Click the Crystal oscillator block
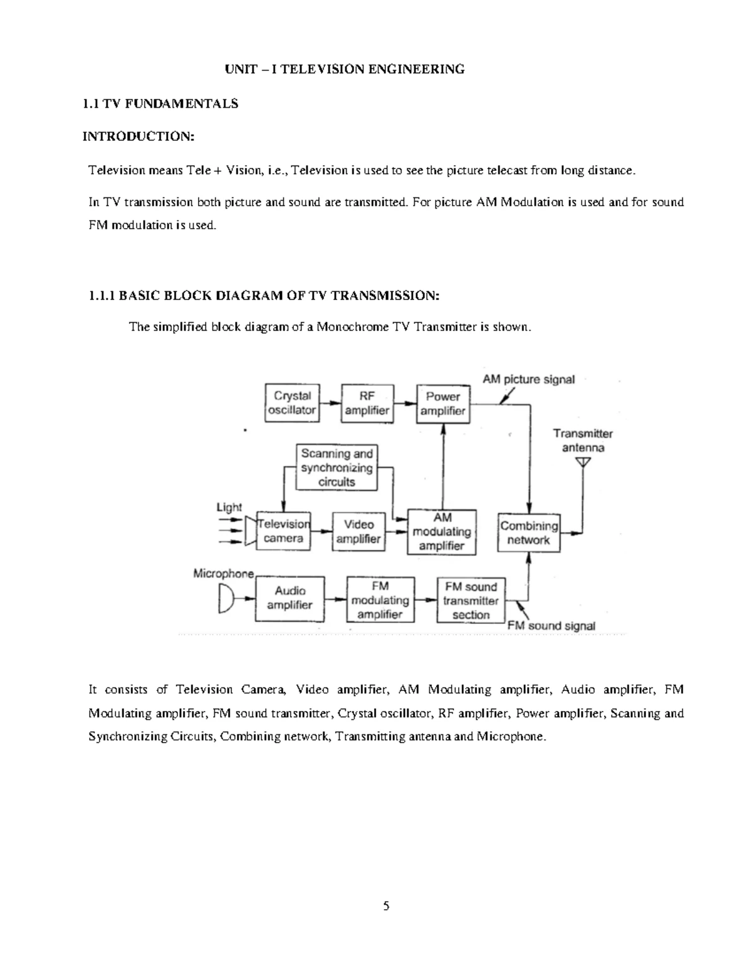(292, 403)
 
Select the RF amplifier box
(367, 403)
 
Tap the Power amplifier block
(443, 403)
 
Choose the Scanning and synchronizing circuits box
(337, 467)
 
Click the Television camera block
(284, 531)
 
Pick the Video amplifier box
(358, 531)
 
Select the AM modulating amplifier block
(442, 532)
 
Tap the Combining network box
(529, 533)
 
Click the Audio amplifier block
(290, 598)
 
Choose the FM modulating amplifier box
(380, 600)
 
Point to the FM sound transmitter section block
(471, 600)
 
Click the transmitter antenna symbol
(583, 462)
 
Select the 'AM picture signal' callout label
(528, 379)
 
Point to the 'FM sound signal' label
(551, 625)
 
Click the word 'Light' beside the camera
(229, 507)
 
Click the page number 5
(386, 905)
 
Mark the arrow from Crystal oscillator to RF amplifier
(330, 403)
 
